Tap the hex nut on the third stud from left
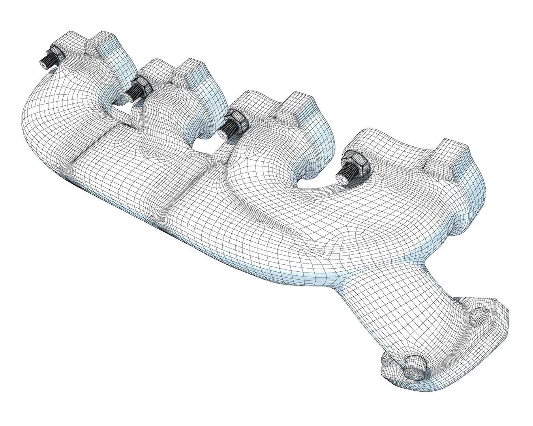click(x=238, y=119)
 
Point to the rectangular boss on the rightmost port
click(x=448, y=156)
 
